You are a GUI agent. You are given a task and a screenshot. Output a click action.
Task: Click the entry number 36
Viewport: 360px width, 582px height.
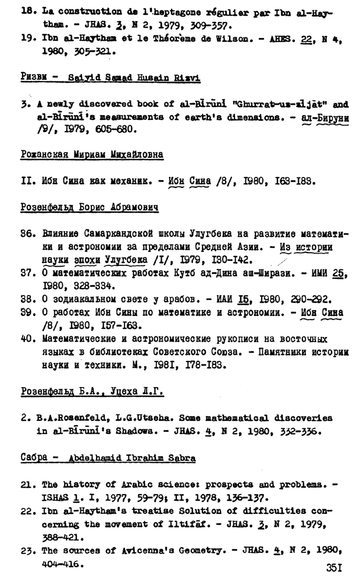[x=26, y=233]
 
